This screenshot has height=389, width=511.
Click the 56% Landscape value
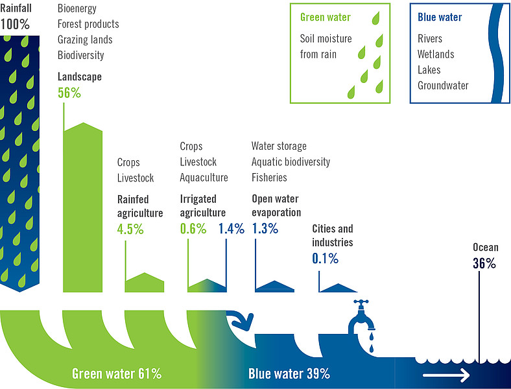pyautogui.click(x=69, y=93)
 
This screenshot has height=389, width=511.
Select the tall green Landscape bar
pyautogui.click(x=83, y=207)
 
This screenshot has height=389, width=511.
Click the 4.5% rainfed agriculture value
pyautogui.click(x=130, y=229)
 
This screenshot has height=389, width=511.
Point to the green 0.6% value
pyautogui.click(x=193, y=229)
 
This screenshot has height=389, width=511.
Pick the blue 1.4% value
pyautogui.click(x=232, y=229)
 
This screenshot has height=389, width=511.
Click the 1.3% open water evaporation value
pyautogui.click(x=265, y=228)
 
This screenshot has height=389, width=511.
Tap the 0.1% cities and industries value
pyautogui.click(x=326, y=258)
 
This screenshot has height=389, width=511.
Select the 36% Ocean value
pyautogui.click(x=484, y=263)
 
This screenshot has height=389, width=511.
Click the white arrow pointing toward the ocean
pyautogui.click(x=446, y=375)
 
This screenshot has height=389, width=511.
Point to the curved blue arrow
pyautogui.click(x=241, y=320)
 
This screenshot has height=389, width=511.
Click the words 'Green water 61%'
pyautogui.click(x=117, y=373)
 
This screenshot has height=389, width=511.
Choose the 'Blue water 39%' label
pyautogui.click(x=289, y=373)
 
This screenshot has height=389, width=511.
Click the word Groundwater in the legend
pyautogui.click(x=443, y=86)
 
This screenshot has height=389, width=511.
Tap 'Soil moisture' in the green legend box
pyautogui.click(x=326, y=39)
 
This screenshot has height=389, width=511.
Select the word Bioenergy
pyautogui.click(x=77, y=8)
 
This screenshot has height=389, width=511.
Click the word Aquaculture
pyautogui.click(x=204, y=178)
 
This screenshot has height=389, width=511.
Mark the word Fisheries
pyautogui.click(x=269, y=178)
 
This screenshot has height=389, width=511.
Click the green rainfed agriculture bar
pyautogui.click(x=145, y=283)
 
